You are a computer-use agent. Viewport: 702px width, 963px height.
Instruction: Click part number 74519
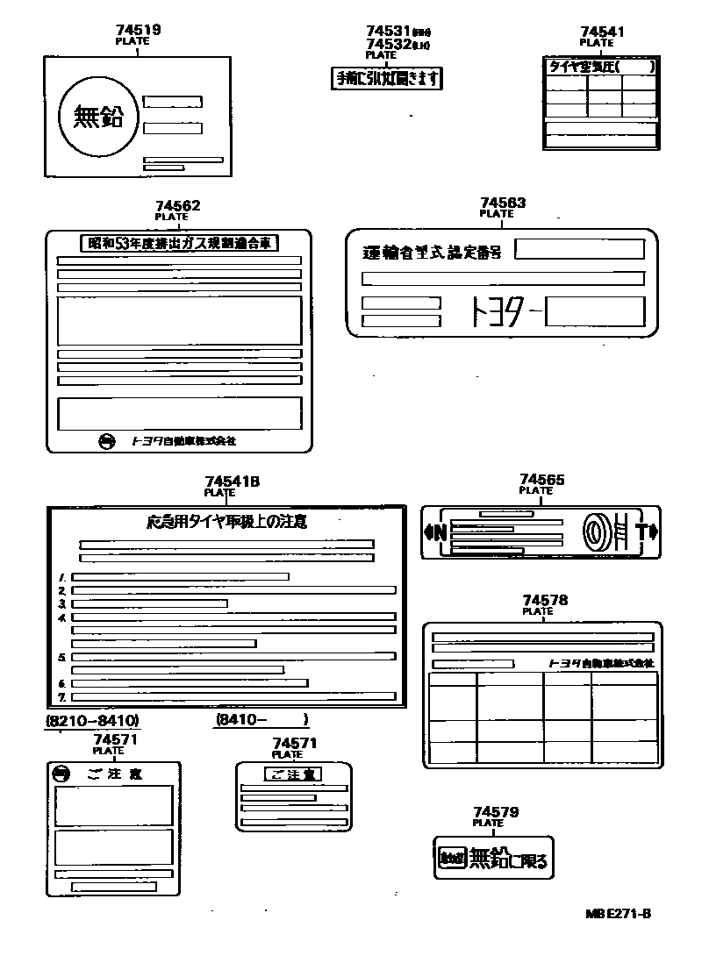(x=138, y=30)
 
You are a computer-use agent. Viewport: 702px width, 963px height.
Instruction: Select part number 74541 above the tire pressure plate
(x=602, y=32)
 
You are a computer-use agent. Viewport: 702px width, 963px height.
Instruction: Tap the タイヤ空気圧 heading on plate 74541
(x=583, y=66)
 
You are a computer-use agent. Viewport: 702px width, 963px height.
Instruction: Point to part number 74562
(x=177, y=206)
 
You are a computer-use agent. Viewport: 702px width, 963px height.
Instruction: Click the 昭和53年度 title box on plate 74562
(x=179, y=243)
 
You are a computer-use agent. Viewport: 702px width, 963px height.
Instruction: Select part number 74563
(x=503, y=203)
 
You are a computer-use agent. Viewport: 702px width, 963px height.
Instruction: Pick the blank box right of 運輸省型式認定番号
(x=578, y=250)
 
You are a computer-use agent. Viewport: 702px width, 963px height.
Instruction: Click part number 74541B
(x=233, y=481)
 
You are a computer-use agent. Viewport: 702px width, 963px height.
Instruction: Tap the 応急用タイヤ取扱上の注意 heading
(x=226, y=521)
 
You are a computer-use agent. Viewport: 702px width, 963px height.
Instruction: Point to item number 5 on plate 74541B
(x=62, y=657)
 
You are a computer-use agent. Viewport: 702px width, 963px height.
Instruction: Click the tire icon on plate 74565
(x=594, y=531)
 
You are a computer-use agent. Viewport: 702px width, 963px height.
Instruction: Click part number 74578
(x=544, y=601)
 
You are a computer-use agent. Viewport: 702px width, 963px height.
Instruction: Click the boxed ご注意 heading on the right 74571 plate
(x=293, y=774)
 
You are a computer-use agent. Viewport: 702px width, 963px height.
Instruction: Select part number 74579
(x=495, y=813)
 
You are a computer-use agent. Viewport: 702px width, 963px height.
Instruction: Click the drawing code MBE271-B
(x=618, y=913)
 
